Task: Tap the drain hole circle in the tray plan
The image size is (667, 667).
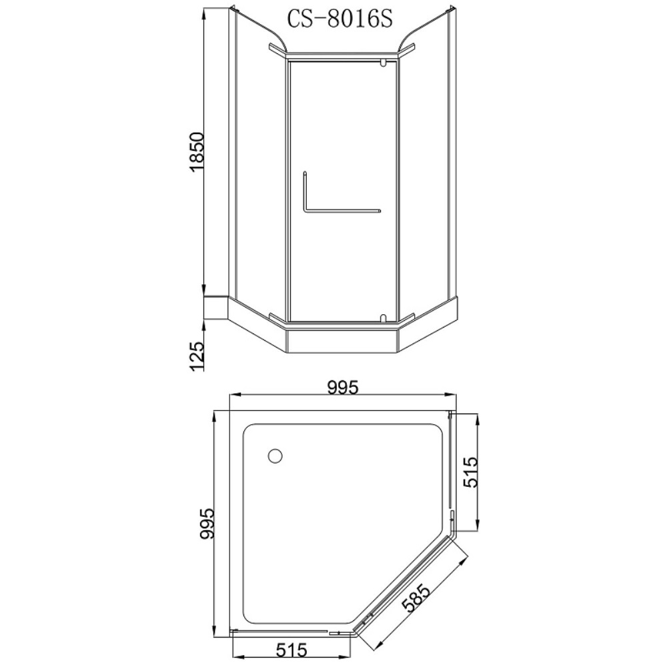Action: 275,456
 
